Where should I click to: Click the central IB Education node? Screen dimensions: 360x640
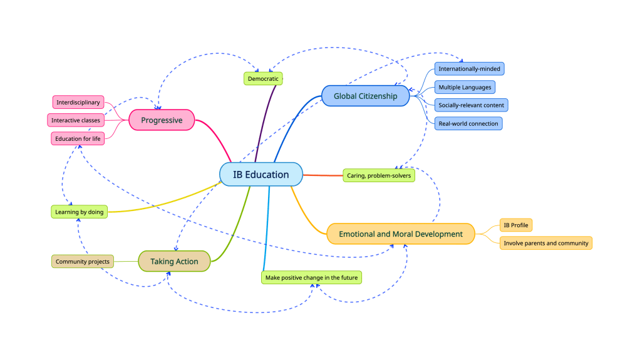pyautogui.click(x=261, y=175)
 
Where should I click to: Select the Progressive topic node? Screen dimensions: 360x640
pyautogui.click(x=162, y=120)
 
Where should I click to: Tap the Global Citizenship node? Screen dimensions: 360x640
pyautogui.click(x=365, y=96)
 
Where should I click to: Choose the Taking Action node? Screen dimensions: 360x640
pyautogui.click(x=174, y=261)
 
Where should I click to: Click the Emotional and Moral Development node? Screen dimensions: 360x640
pyautogui.click(x=401, y=234)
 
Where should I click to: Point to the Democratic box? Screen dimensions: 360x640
pyautogui.click(x=263, y=79)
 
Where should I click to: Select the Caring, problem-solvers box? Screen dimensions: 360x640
pyautogui.click(x=379, y=176)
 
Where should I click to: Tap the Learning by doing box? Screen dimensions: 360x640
pyautogui.click(x=79, y=212)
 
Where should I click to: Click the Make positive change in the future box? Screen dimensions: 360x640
pyautogui.click(x=311, y=277)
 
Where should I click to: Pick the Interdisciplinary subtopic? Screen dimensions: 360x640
pyautogui.click(x=78, y=102)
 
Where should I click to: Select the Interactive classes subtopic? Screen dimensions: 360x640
pyautogui.click(x=76, y=120)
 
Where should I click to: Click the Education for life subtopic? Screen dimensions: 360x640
pyautogui.click(x=78, y=138)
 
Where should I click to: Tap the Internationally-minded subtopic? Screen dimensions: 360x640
pyautogui.click(x=469, y=69)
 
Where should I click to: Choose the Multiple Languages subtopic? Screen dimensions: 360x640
pyautogui.click(x=465, y=87)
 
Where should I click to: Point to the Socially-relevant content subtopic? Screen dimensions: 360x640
pyautogui.click(x=471, y=105)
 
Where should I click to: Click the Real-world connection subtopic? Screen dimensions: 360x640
pyautogui.click(x=468, y=123)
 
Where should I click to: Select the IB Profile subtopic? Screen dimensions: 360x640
pyautogui.click(x=516, y=225)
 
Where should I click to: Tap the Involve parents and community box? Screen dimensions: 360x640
pyautogui.click(x=546, y=243)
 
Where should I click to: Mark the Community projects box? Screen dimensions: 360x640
pyautogui.click(x=83, y=261)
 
